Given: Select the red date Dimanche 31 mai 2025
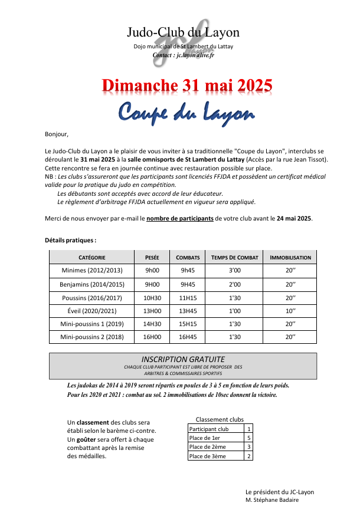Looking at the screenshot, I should click(x=187, y=85).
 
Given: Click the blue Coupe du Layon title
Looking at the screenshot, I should click(x=185, y=111).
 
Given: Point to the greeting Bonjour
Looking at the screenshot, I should click(x=57, y=134).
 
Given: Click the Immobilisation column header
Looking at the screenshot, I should click(x=290, y=258).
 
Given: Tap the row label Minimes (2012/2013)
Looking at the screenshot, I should click(x=92, y=271).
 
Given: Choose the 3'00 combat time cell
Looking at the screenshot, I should click(x=235, y=271).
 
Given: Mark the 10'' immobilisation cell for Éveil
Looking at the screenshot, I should click(x=290, y=311).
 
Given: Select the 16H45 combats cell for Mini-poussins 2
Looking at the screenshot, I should click(x=188, y=338).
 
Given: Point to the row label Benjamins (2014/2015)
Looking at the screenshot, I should click(x=92, y=284).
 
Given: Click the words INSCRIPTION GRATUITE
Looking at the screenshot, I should click(x=183, y=359).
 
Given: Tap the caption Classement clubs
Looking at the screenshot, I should click(x=220, y=419).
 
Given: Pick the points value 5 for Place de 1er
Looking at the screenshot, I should click(x=250, y=438).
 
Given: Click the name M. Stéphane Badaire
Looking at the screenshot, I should click(x=272, y=499).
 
